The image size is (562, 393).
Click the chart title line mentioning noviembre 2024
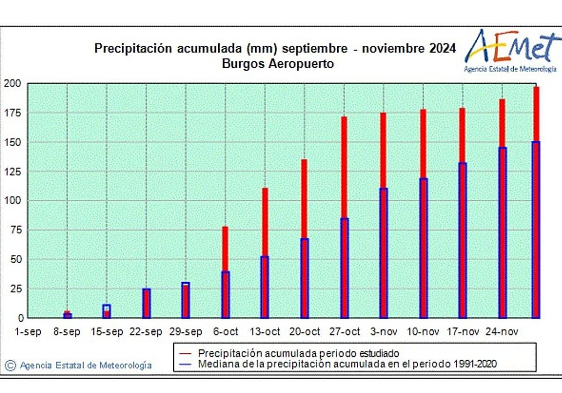[275, 49]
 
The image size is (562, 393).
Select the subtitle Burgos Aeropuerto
[278, 64]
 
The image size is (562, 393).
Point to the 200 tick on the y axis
[13, 84]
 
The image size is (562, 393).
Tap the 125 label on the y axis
[13, 172]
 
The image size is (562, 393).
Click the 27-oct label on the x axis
[344, 332]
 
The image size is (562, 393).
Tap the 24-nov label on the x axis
[502, 332]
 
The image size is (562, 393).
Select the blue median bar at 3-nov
[384, 253]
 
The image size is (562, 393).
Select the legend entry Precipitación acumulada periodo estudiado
[299, 353]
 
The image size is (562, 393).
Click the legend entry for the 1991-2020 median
[347, 364]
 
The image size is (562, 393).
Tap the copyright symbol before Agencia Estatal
[11, 365]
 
